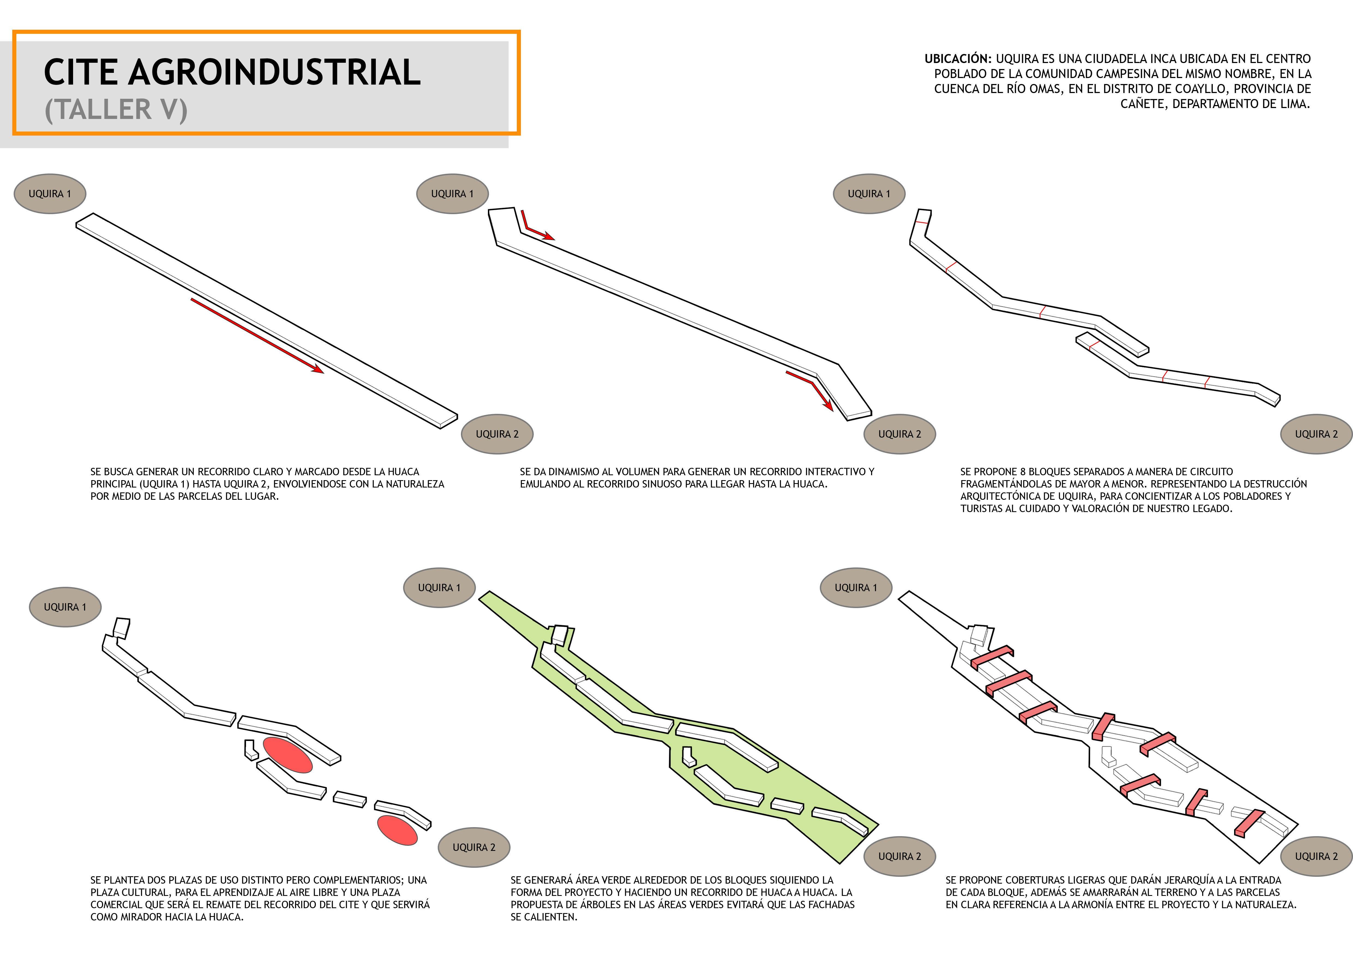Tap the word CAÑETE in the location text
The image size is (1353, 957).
point(1144,104)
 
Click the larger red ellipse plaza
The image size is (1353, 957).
point(287,755)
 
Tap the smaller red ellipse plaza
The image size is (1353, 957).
point(398,830)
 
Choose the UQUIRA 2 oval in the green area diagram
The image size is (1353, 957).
point(900,856)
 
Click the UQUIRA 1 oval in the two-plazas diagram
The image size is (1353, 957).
point(65,607)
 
